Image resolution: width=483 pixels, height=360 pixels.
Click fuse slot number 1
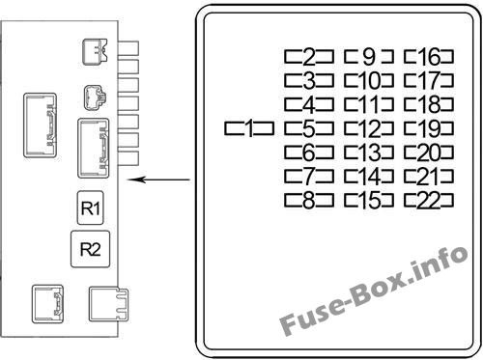pyautogui.click(x=249, y=128)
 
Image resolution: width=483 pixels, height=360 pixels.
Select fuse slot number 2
pyautogui.click(x=309, y=57)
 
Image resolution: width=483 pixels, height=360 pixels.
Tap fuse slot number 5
pyautogui.click(x=309, y=128)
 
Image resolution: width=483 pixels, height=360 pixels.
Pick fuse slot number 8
pyautogui.click(x=309, y=200)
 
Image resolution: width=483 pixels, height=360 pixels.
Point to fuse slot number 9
pyautogui.click(x=369, y=57)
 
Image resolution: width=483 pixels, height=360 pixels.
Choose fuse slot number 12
pyautogui.click(x=369, y=128)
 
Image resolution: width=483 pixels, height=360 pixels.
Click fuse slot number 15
pyautogui.click(x=369, y=200)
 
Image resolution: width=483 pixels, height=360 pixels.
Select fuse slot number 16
pyautogui.click(x=429, y=57)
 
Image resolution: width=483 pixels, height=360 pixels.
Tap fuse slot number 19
pyautogui.click(x=429, y=128)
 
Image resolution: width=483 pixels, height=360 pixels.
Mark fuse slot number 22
pyautogui.click(x=429, y=200)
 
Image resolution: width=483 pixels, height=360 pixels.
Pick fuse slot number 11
pyautogui.click(x=369, y=104)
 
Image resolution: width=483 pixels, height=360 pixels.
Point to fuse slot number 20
pyautogui.click(x=429, y=152)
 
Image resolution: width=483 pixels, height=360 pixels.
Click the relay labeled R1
pyautogui.click(x=91, y=208)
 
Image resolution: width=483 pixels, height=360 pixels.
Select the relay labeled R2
pyautogui.click(x=90, y=249)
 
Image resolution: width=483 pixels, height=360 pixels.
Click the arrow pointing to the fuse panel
pyautogui.click(x=158, y=180)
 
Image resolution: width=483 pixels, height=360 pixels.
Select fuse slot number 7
pyautogui.click(x=309, y=177)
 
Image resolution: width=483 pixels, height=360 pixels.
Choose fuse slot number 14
pyautogui.click(x=369, y=177)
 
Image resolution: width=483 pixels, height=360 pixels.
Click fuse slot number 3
pyautogui.click(x=309, y=80)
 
